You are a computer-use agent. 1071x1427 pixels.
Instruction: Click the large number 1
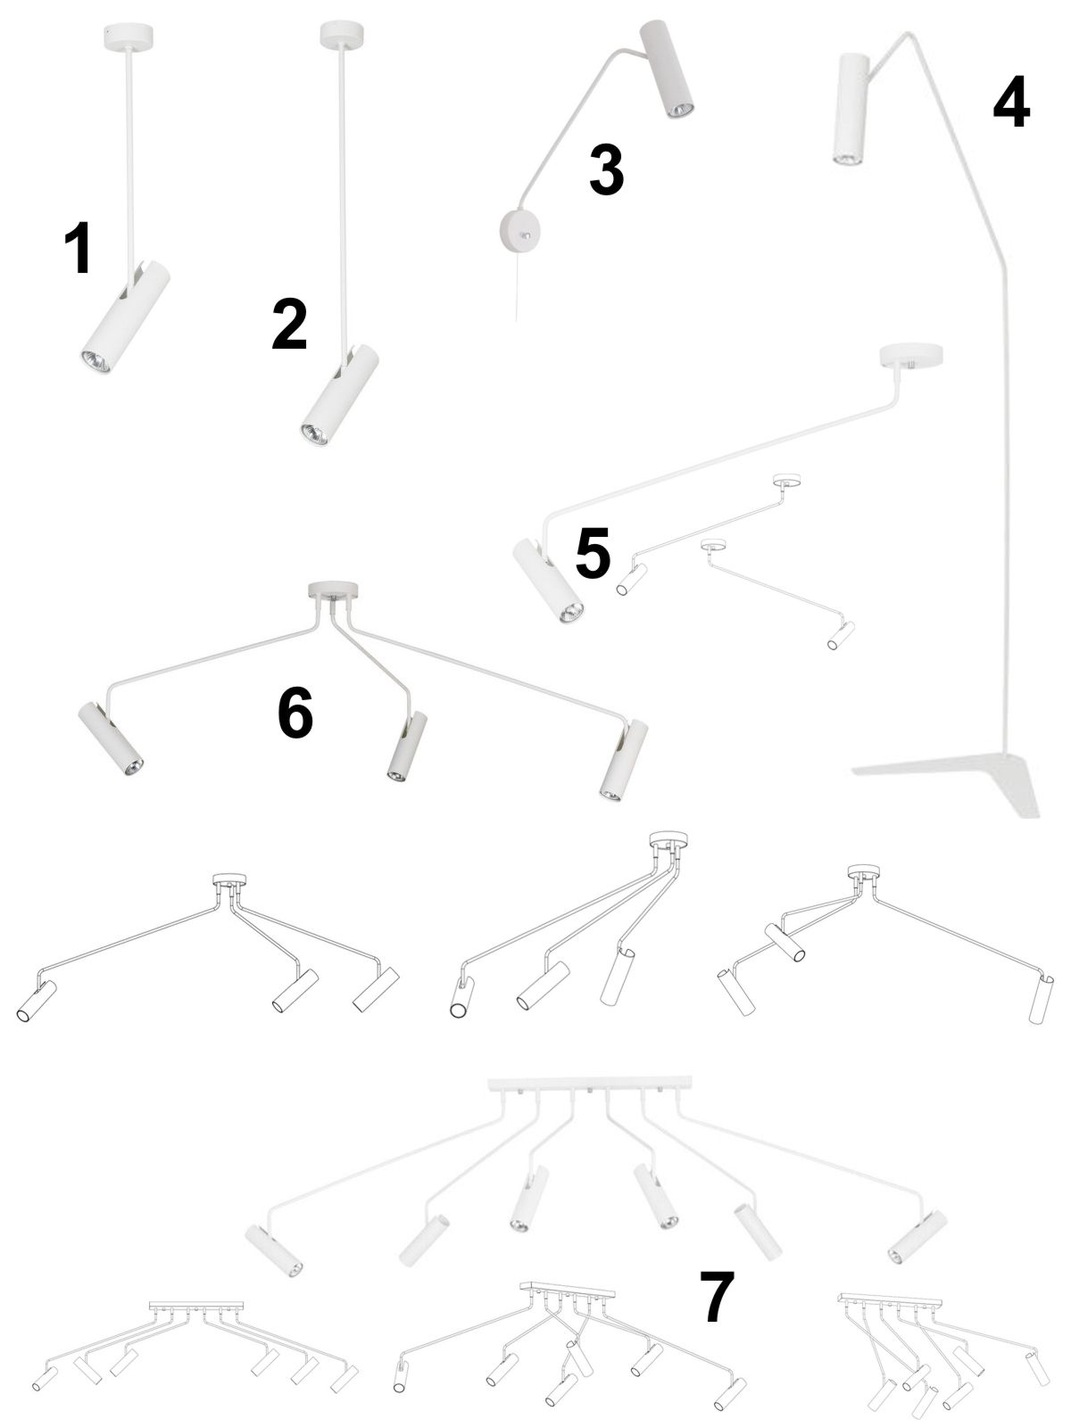[x=78, y=248]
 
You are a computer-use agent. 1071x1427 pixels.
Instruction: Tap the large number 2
[x=289, y=325]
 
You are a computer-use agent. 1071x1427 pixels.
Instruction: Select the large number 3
[x=607, y=169]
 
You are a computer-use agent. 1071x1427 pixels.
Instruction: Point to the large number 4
[x=1012, y=101]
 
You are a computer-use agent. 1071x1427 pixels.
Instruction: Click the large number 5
[x=593, y=552]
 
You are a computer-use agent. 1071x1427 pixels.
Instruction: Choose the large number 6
[x=295, y=712]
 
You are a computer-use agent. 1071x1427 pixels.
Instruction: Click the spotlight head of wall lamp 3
[x=668, y=69]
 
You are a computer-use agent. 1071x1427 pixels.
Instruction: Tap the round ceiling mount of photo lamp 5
[x=910, y=356]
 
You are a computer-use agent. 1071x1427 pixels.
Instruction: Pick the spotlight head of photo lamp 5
[x=547, y=578]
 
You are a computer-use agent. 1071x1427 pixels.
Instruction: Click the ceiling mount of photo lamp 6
[x=332, y=590]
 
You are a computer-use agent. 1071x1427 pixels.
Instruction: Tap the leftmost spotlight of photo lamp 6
[x=111, y=738]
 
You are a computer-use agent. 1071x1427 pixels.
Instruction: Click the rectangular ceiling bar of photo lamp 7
[x=590, y=1083]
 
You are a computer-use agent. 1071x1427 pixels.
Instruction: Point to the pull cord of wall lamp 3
[x=518, y=287]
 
